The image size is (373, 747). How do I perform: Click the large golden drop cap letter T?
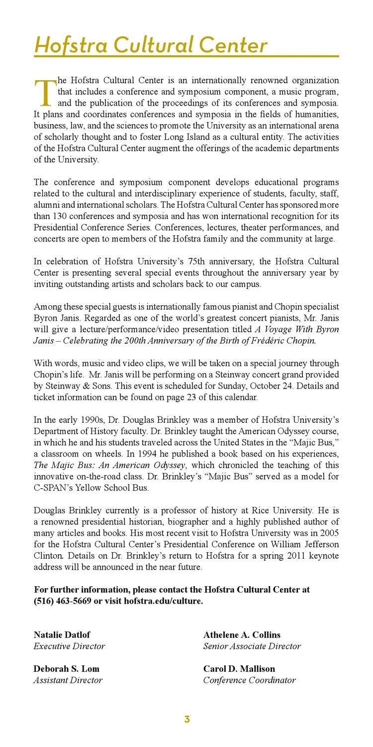click(x=44, y=93)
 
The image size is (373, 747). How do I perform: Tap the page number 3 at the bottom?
click(x=187, y=719)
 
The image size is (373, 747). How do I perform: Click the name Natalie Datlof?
click(x=62, y=635)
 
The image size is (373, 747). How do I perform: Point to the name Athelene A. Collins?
click(x=242, y=635)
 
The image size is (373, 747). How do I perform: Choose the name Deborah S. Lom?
click(x=66, y=669)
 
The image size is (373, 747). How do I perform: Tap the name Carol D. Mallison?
click(x=239, y=669)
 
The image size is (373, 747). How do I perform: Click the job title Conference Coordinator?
click(x=249, y=680)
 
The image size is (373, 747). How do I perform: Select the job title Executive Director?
click(x=69, y=646)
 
